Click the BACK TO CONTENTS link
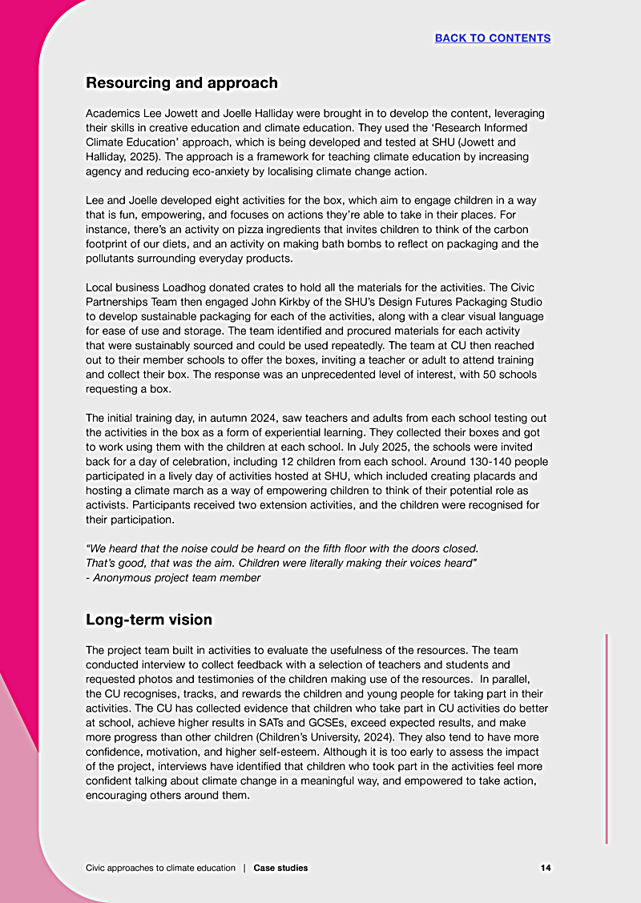(x=492, y=38)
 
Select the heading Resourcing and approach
(x=182, y=82)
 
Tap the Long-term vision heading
(x=149, y=620)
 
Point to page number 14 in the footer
(x=545, y=868)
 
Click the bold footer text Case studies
(x=280, y=868)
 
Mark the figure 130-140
(x=455, y=461)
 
